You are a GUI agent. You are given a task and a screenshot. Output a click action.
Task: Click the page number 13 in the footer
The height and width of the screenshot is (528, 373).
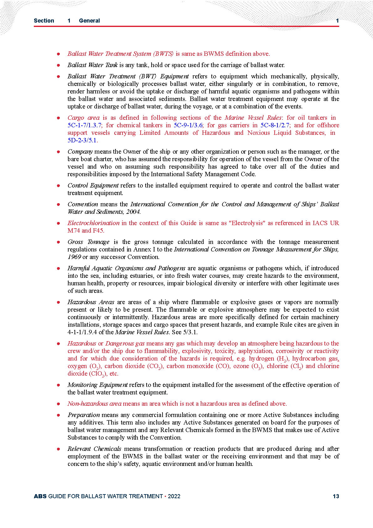[x=336, y=496]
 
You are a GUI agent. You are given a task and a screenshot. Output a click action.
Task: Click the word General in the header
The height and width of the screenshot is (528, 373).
[x=89, y=21]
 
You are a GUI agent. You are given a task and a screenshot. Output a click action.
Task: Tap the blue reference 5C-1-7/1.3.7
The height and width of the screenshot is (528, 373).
[x=85, y=125]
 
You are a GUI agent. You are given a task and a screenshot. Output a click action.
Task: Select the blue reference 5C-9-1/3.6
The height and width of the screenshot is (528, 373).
[x=188, y=125]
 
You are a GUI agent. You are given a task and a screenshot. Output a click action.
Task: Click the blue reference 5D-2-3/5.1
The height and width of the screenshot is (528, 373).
[x=82, y=140]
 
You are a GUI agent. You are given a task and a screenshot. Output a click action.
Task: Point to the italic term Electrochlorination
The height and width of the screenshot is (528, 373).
[x=93, y=223]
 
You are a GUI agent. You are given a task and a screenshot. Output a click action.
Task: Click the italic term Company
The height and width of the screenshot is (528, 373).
[x=80, y=151]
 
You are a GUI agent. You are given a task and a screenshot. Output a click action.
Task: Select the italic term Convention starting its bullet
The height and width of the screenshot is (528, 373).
[x=83, y=204]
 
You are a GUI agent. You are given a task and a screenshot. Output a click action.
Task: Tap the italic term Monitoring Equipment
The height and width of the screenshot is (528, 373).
[x=97, y=385]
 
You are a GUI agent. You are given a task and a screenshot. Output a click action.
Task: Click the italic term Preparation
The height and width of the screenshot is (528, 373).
[x=84, y=415]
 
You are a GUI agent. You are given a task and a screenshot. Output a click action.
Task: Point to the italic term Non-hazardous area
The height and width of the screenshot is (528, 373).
[x=94, y=404]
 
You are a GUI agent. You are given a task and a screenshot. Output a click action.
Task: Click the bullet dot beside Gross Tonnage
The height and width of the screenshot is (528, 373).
[x=59, y=242]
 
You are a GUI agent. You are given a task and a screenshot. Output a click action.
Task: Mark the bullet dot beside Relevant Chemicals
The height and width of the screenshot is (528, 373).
[x=59, y=449]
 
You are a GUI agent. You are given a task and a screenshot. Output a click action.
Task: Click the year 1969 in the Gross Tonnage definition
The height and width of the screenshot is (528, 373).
[x=74, y=257]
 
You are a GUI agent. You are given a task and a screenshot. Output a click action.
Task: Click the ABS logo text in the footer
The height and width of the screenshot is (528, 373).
[x=40, y=496]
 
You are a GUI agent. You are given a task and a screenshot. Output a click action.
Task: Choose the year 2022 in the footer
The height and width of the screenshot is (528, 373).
[x=174, y=496]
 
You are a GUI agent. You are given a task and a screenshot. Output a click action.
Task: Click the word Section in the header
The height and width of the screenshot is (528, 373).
[x=44, y=21]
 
